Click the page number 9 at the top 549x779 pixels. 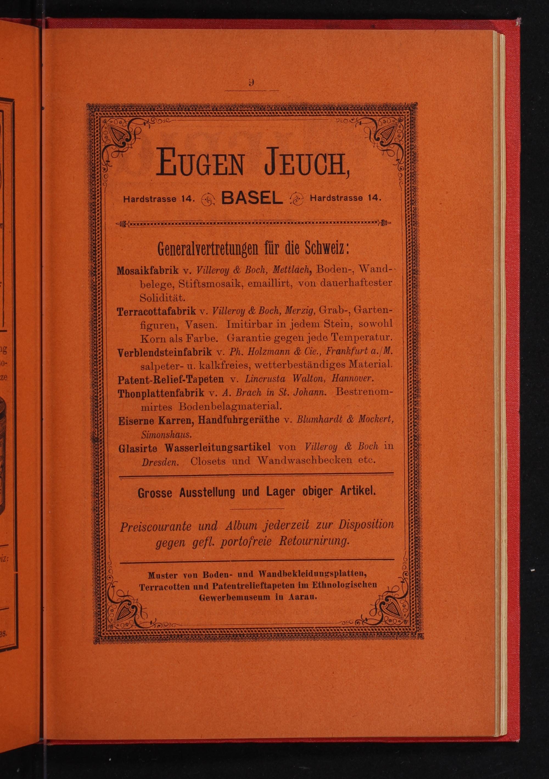pos(251,83)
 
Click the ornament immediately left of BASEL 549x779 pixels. pos(208,200)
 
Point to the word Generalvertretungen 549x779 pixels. pos(208,249)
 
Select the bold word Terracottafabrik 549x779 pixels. pos(157,311)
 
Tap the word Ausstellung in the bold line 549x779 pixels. pos(207,492)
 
